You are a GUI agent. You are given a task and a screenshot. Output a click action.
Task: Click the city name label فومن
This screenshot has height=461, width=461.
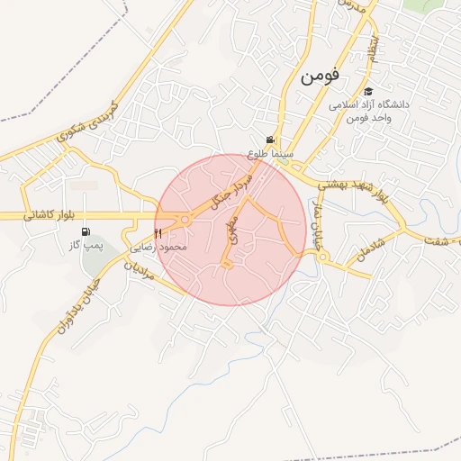point(318,77)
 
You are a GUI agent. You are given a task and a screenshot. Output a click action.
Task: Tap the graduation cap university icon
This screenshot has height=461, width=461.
point(368,92)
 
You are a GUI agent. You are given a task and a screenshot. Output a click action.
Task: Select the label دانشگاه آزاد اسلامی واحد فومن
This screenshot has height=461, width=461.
point(368,112)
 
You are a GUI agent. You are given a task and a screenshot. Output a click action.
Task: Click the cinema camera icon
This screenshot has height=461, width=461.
point(270,140)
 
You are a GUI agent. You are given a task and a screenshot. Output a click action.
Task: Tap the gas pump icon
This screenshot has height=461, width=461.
point(86,231)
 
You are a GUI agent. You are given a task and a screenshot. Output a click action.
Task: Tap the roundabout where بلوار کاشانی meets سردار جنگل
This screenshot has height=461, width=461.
point(185,220)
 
